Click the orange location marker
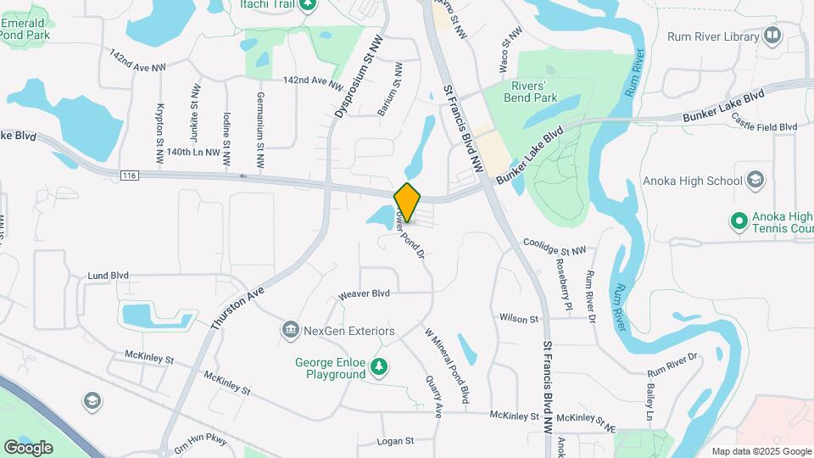[x=407, y=203]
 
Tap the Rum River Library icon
[x=772, y=36]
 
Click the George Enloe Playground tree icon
[x=381, y=367]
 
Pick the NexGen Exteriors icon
[x=290, y=329]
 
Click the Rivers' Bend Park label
[x=534, y=92]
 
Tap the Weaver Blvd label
[x=364, y=293]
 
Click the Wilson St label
[x=519, y=319]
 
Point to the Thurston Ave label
[x=237, y=307]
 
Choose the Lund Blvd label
[x=109, y=276]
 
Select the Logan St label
[x=395, y=441]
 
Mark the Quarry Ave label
[x=434, y=396]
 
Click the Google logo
[x=28, y=447]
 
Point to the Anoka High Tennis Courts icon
[x=739, y=221]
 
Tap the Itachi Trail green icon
[x=309, y=6]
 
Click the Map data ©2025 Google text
[x=760, y=451]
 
